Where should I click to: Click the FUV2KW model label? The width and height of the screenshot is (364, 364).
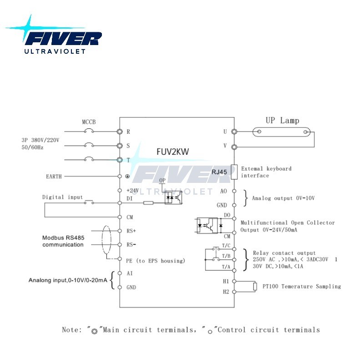tap(173, 152)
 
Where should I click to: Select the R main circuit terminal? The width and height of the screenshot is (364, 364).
tap(120, 131)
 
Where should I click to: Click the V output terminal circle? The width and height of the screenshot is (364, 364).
tap(234, 147)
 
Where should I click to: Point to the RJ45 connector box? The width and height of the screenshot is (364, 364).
tap(234, 172)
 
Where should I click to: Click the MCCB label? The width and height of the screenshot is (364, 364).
tap(89, 122)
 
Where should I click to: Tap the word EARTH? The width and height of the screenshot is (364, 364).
tap(54, 177)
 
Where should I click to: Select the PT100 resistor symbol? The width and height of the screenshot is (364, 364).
tap(255, 287)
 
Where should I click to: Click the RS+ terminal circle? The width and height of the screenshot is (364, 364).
tap(120, 231)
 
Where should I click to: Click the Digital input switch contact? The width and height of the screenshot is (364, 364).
tap(89, 202)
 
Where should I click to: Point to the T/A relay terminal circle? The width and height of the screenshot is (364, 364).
tap(234, 270)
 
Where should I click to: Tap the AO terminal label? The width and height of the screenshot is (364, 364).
tap(223, 191)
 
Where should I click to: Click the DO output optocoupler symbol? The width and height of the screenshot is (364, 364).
tap(207, 225)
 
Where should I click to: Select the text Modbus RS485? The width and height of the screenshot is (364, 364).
tap(63, 238)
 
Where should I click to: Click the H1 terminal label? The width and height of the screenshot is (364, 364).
tap(226, 281)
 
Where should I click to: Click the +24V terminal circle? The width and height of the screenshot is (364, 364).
tap(120, 191)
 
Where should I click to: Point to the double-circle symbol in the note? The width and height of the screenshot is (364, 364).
tap(94, 332)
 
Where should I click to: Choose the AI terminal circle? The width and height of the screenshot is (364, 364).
tap(120, 273)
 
